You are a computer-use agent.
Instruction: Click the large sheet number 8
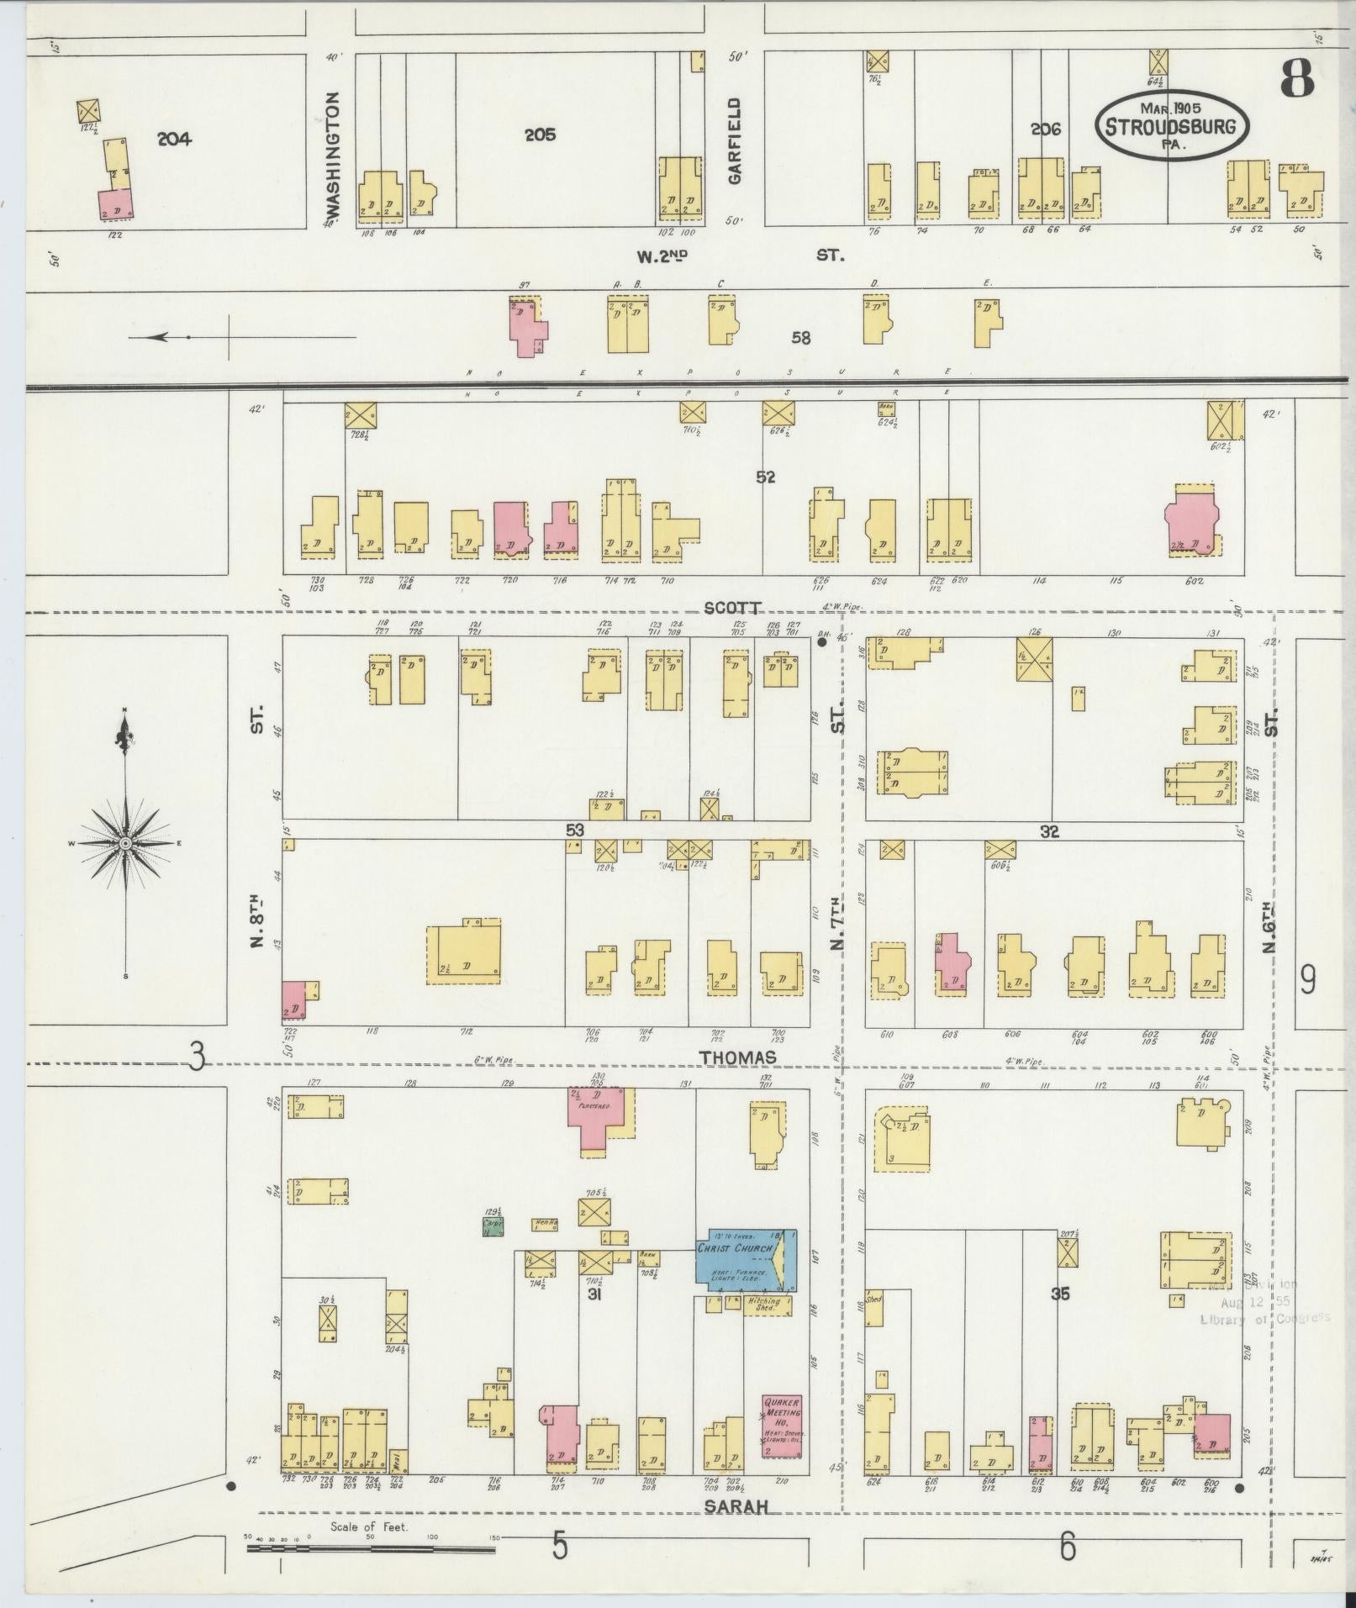(x=1296, y=81)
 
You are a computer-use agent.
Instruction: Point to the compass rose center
(x=125, y=842)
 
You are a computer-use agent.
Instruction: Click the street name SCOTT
(x=733, y=608)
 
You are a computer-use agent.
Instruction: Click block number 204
(x=174, y=140)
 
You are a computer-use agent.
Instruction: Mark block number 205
(x=540, y=134)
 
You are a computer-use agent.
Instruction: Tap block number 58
(x=801, y=338)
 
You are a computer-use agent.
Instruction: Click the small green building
(x=493, y=1226)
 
